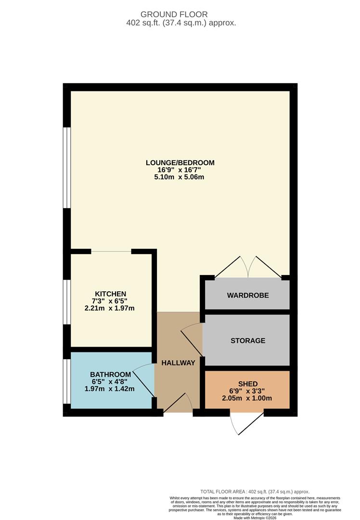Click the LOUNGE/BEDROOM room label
pos(180,163)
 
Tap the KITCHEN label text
pos(110,294)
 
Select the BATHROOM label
pos(110,375)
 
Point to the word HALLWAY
pos(178,363)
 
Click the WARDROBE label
pos(247,295)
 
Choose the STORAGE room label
pos(247,341)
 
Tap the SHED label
pos(247,384)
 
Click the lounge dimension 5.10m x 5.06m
pos(180,177)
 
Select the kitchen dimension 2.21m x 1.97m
pos(110,308)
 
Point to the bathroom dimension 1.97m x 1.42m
pos(110,389)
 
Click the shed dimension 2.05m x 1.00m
pos(247,398)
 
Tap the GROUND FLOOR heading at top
pos(180,15)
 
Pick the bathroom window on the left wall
pos(67,380)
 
